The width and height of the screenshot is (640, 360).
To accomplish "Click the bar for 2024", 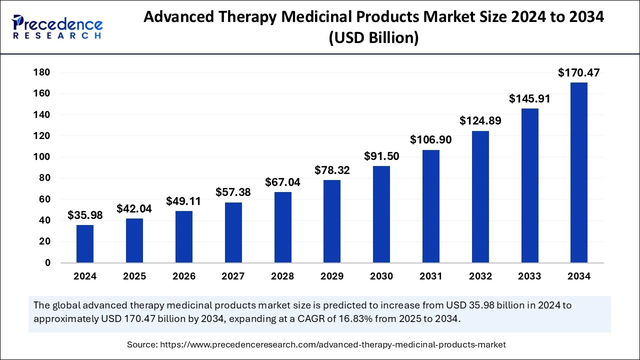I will tap(84, 243).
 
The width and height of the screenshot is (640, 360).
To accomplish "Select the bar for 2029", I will tap(332, 221).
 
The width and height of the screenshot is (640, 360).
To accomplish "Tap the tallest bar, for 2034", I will tap(579, 172).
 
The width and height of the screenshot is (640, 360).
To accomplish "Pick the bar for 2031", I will tap(431, 206).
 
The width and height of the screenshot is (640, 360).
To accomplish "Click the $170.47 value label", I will tap(579, 73).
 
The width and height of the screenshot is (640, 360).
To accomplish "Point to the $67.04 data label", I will tap(282, 182).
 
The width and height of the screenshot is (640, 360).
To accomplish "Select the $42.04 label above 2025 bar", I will tap(134, 209).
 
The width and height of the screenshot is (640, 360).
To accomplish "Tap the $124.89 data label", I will tap(480, 121).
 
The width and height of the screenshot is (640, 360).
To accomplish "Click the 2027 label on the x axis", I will tap(233, 276).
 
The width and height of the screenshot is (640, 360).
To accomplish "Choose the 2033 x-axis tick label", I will tap(529, 276).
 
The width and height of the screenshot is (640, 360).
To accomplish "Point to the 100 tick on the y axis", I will tap(42, 157).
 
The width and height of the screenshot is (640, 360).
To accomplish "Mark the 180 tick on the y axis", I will tap(42, 72).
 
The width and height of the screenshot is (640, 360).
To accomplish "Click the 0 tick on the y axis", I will tap(47, 263).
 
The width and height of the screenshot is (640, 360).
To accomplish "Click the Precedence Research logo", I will tap(57, 27).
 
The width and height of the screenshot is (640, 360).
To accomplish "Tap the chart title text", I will tap(373, 27).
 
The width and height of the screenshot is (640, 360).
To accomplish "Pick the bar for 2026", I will tap(183, 236).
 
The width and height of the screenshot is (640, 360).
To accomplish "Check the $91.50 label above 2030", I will tap(381, 156).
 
